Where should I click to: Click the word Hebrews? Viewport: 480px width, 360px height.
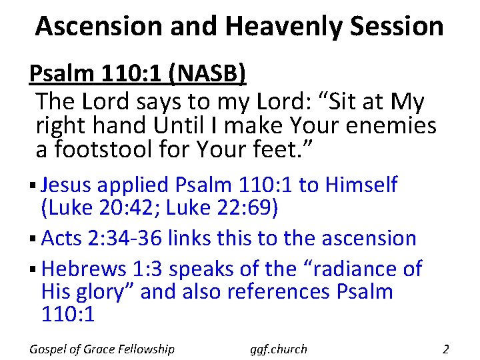pyautogui.click(x=84, y=269)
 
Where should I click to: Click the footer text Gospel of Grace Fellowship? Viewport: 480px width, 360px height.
pyautogui.click(x=102, y=349)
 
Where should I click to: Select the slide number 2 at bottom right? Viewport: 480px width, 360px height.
pyautogui.click(x=446, y=349)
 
